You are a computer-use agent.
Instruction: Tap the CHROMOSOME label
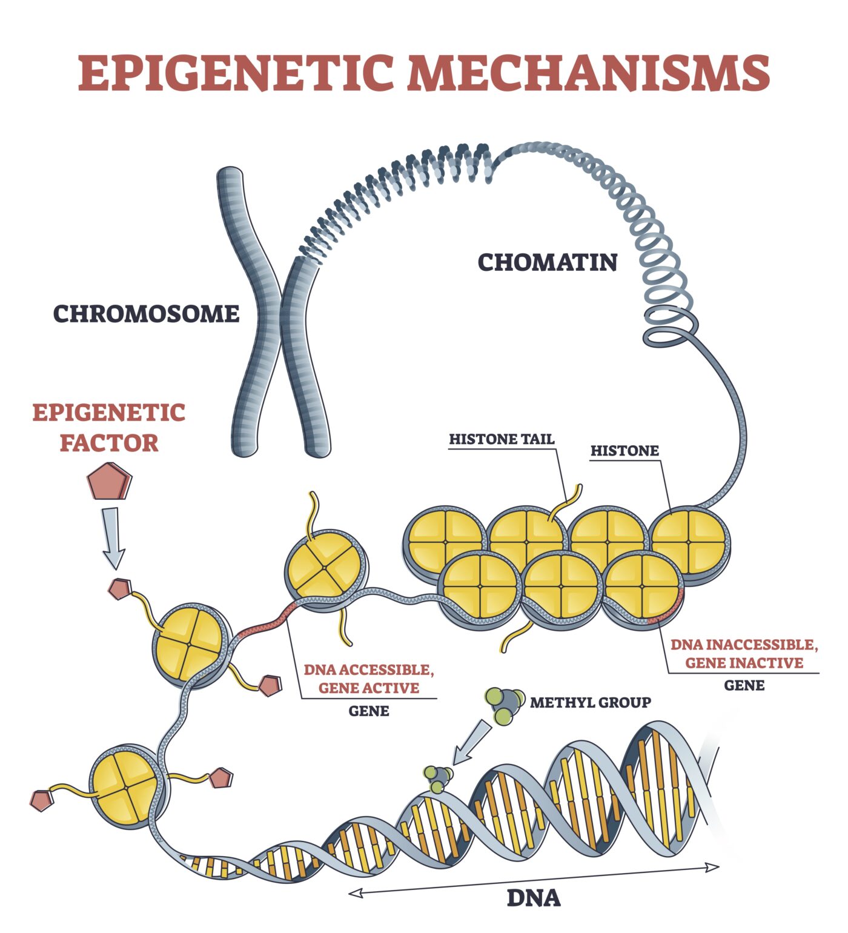(x=147, y=314)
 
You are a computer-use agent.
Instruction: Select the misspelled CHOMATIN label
(x=548, y=262)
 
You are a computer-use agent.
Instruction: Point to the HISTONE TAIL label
(x=502, y=439)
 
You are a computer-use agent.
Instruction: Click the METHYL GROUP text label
(x=590, y=702)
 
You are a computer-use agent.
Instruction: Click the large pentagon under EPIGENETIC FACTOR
(x=109, y=482)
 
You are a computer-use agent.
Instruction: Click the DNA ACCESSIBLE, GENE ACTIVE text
(x=369, y=679)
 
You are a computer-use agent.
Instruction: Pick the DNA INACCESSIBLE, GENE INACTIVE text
(x=744, y=654)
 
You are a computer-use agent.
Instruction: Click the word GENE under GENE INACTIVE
(x=744, y=685)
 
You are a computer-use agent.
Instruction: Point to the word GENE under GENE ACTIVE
(x=368, y=711)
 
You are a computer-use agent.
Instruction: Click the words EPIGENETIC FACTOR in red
(x=109, y=428)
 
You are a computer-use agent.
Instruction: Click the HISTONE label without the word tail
(x=624, y=451)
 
